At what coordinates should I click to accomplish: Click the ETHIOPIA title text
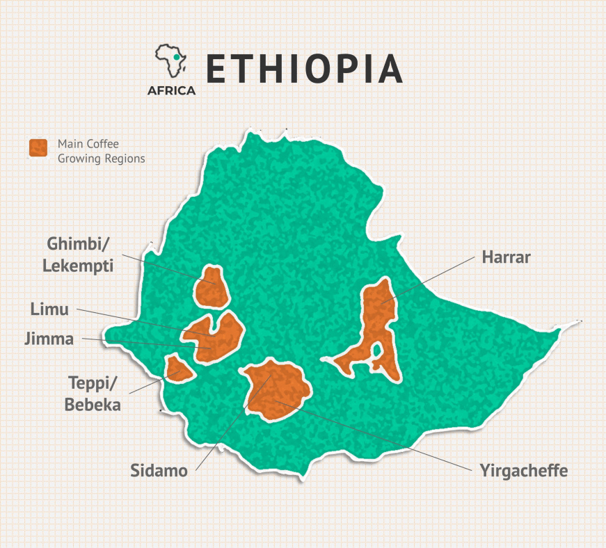[304, 67]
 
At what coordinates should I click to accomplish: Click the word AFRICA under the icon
[171, 90]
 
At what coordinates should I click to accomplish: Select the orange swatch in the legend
[38, 147]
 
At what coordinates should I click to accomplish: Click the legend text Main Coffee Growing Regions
[101, 151]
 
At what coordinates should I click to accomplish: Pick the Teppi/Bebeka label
[93, 393]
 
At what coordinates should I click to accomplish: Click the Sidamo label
[159, 471]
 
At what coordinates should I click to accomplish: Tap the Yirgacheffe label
[523, 471]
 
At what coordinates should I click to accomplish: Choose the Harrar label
[506, 257]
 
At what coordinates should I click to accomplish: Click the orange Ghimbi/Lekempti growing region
[212, 287]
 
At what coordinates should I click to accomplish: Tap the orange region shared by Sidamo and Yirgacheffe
[275, 392]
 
